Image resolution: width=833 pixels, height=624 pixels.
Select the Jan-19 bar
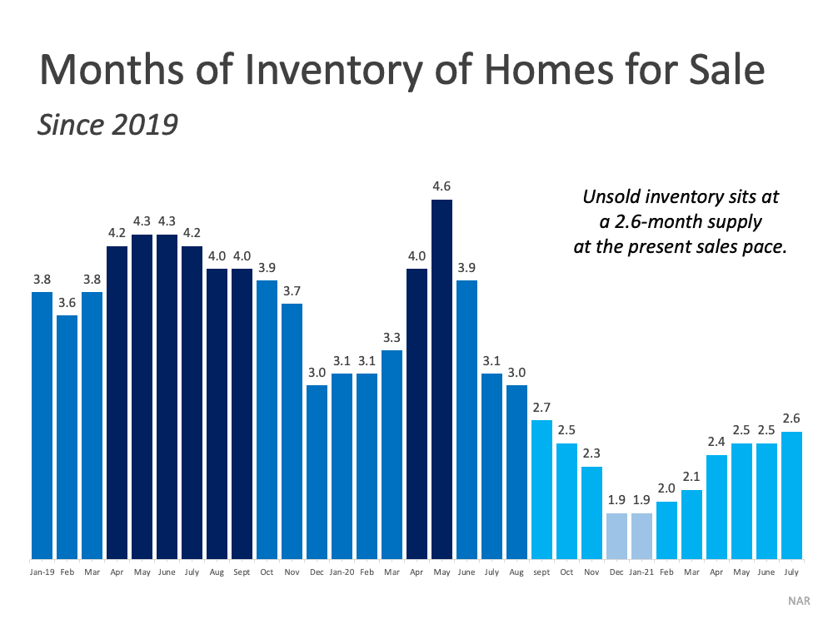pyautogui.click(x=42, y=424)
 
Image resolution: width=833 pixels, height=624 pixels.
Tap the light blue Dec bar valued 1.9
pyautogui.click(x=616, y=536)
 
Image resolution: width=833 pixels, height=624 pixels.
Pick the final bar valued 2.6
pyautogui.click(x=791, y=495)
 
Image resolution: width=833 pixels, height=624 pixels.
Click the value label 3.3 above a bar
pyautogui.click(x=392, y=339)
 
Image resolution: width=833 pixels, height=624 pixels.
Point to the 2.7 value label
pyautogui.click(x=541, y=409)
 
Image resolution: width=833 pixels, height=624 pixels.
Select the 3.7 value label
pyautogui.click(x=292, y=292)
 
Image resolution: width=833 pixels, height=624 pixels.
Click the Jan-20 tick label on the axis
pyautogui.click(x=342, y=573)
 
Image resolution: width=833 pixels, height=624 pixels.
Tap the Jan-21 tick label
pyautogui.click(x=642, y=573)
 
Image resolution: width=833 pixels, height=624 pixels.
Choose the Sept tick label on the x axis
pyautogui.click(x=242, y=573)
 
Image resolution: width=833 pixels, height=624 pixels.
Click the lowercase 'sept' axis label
pyautogui.click(x=542, y=573)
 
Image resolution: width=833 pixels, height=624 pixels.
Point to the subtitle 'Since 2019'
pyautogui.click(x=108, y=124)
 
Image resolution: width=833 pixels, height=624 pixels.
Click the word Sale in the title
pyautogui.click(x=725, y=70)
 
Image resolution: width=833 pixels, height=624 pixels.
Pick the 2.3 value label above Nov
pyautogui.click(x=591, y=455)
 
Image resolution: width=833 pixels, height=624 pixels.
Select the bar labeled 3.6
pyautogui.click(x=67, y=437)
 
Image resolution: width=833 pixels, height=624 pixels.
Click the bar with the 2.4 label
pyautogui.click(x=716, y=507)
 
